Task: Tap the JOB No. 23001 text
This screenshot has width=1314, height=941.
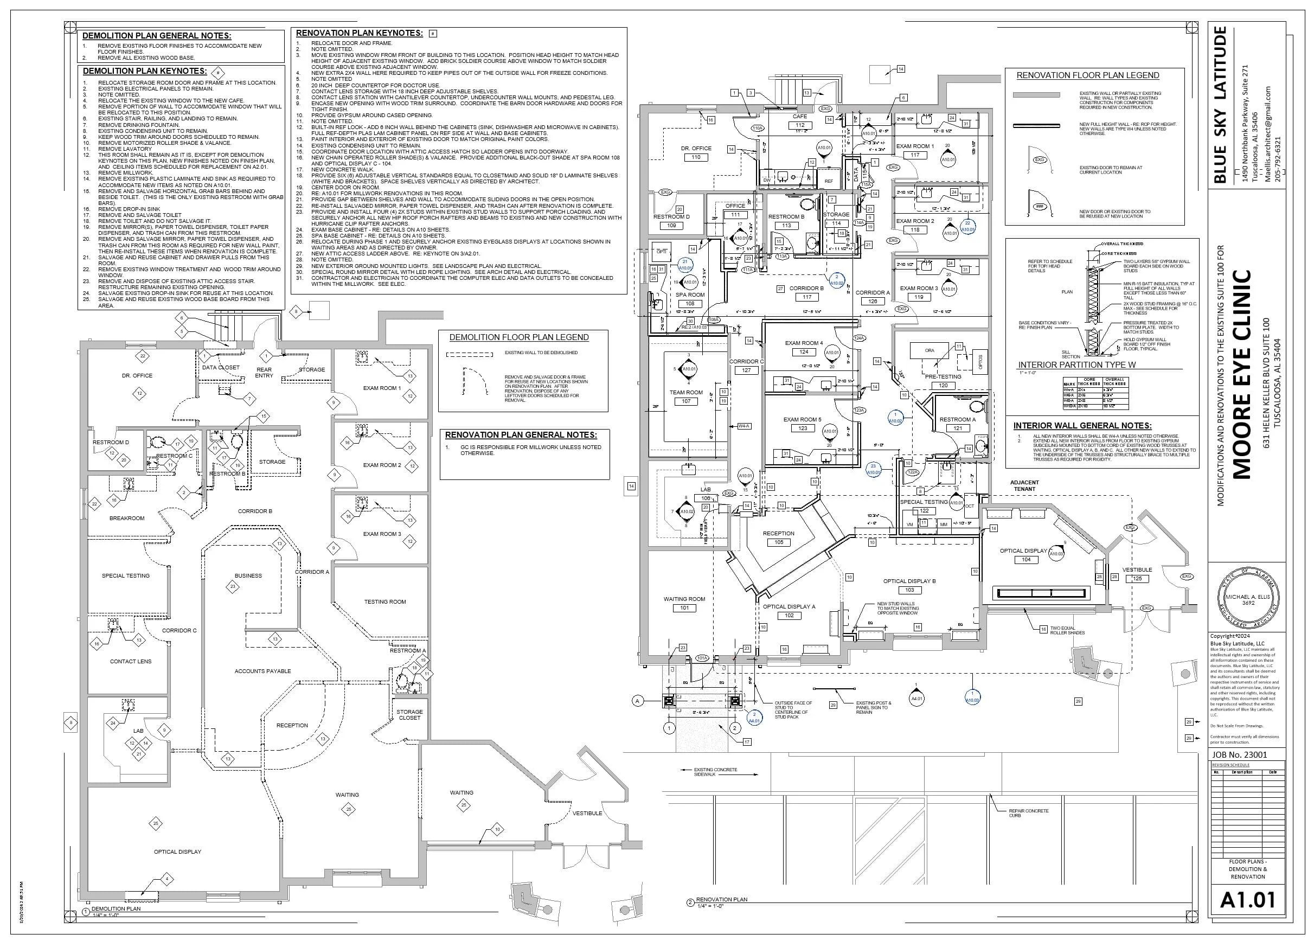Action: (1239, 754)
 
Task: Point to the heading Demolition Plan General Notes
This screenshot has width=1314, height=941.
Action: (156, 36)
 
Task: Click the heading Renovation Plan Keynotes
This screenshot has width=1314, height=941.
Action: (359, 33)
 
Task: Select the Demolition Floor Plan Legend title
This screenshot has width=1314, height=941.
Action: (518, 337)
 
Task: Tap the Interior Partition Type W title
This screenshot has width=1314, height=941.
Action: (1076, 365)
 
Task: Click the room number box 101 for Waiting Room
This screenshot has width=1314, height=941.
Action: (684, 609)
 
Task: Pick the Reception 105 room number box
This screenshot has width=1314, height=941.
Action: (779, 542)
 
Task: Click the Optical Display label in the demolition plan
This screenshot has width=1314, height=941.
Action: (177, 852)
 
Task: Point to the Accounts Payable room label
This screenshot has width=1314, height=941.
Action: (262, 671)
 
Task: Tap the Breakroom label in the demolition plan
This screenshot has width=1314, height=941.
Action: (127, 518)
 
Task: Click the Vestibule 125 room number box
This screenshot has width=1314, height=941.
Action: (1137, 579)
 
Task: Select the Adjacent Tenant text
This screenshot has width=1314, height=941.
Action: (1024, 485)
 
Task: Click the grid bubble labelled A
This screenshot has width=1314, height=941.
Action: (638, 701)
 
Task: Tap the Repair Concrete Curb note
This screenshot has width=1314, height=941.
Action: (1028, 813)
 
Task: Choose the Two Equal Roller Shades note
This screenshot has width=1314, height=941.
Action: (1067, 630)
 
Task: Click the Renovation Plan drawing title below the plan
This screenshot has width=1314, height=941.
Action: (721, 899)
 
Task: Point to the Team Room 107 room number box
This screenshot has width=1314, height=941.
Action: (686, 401)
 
